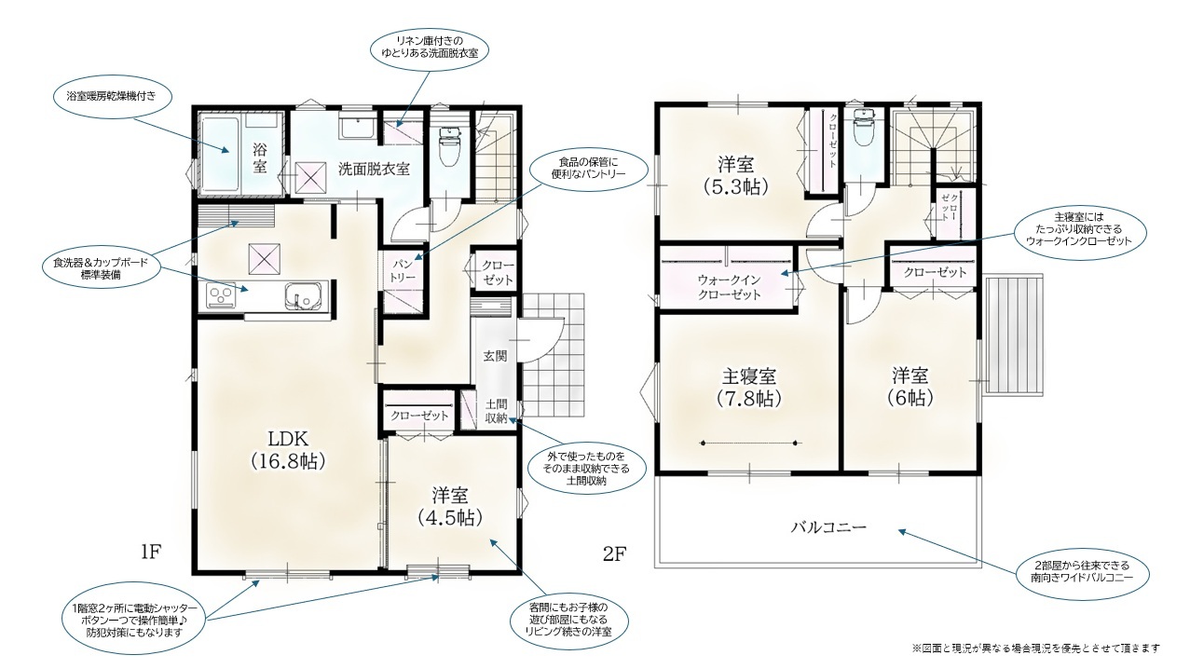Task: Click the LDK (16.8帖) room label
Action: (288, 449)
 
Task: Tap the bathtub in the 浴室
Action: (221, 154)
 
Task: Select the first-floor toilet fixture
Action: (449, 145)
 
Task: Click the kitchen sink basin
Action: (303, 295)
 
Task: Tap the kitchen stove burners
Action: (221, 295)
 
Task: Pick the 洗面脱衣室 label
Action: (374, 169)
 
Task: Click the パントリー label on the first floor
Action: (404, 271)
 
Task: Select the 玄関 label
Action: (495, 356)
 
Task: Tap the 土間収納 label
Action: (496, 411)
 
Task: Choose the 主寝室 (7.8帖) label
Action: (748, 388)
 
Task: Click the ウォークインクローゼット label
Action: (729, 287)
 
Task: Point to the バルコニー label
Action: (828, 527)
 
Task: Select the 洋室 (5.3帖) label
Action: (736, 175)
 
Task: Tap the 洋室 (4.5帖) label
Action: (450, 506)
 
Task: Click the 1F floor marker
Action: (151, 553)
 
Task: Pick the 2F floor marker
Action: (615, 554)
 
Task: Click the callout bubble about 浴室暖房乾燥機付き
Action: (112, 96)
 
